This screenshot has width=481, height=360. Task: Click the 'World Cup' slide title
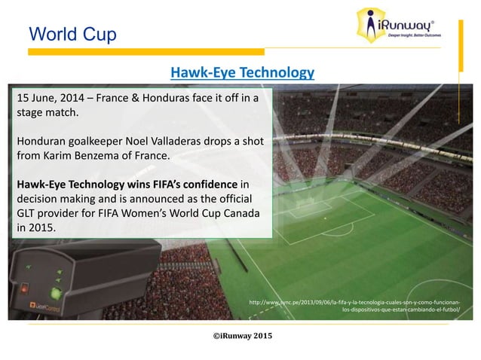pyautogui.click(x=71, y=34)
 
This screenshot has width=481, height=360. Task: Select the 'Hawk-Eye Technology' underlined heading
pyautogui.click(x=242, y=72)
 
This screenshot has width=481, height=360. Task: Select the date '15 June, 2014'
pyautogui.click(x=48, y=98)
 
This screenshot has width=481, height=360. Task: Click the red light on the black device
pyautogui.click(x=25, y=287)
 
